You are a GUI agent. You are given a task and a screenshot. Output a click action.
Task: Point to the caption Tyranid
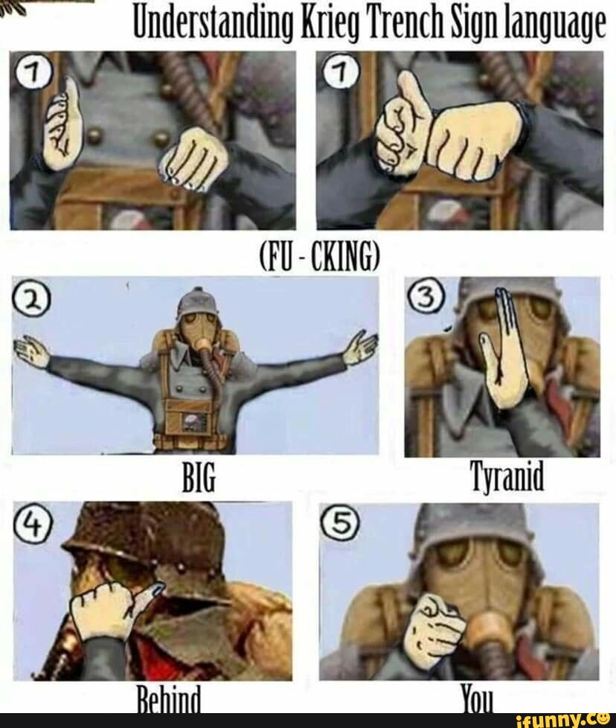point(507,476)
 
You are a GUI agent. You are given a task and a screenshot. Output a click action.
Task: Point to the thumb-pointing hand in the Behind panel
point(112,603)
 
